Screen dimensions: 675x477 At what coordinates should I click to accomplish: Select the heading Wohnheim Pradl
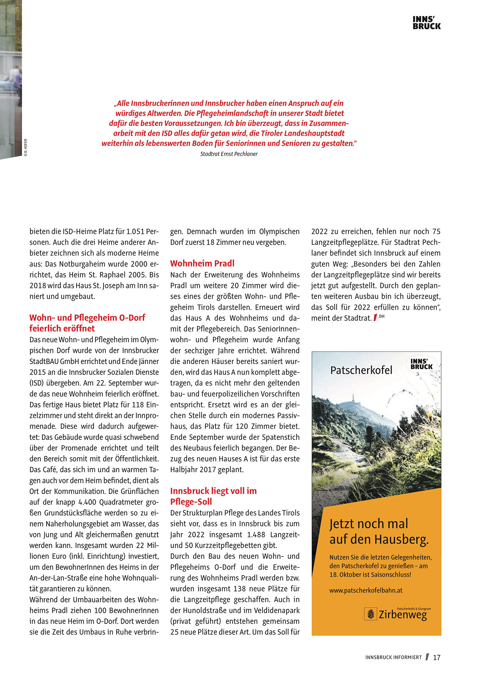coord(202,264)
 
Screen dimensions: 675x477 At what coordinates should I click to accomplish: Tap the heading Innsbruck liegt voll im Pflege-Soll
coord(213,496)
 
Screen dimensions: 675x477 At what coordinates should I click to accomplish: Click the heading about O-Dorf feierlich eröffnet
coord(87,323)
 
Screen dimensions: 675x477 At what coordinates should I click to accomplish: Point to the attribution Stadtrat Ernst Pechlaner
coord(229,154)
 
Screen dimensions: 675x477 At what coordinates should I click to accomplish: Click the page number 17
coord(437,658)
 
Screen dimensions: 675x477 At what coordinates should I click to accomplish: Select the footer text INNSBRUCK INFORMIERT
coord(393,658)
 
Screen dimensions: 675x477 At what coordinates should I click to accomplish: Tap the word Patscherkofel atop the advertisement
coord(361,370)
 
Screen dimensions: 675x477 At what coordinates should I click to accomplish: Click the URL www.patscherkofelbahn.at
coord(366,590)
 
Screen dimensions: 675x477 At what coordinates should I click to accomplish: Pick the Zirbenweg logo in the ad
coord(402,615)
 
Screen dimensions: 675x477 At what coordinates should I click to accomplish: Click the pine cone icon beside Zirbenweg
coord(371,614)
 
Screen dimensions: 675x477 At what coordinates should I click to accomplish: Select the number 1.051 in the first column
coord(135,232)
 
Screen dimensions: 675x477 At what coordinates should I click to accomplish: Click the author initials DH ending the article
coord(382,316)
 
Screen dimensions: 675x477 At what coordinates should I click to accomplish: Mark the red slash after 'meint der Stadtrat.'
coord(375,318)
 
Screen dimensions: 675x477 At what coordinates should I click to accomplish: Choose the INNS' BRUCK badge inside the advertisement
coord(422,364)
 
